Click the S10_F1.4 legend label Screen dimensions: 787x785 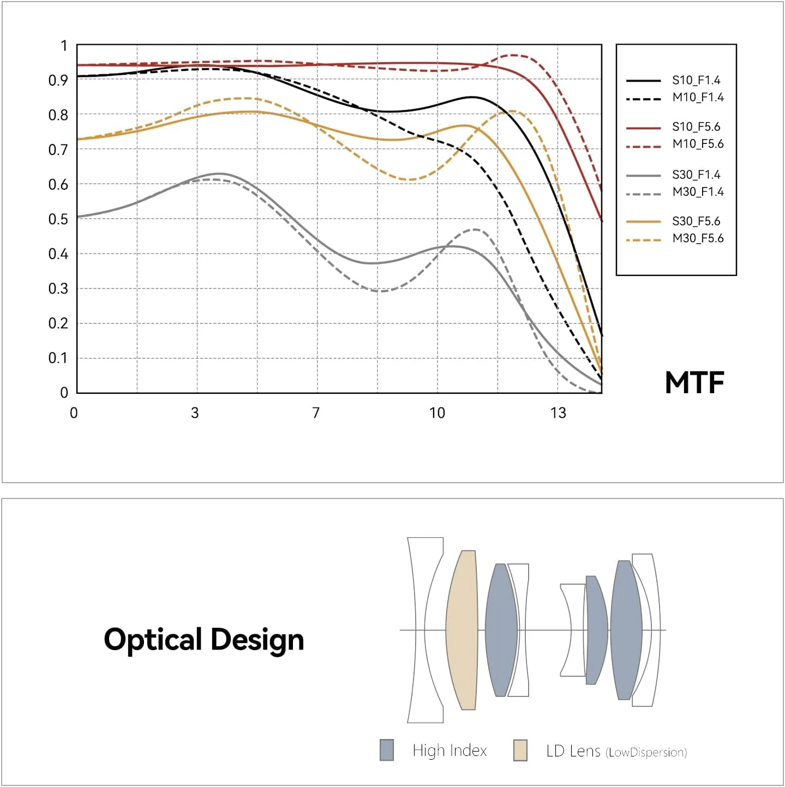(696, 80)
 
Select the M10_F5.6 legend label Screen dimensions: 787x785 (698, 144)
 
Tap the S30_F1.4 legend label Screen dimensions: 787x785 (696, 175)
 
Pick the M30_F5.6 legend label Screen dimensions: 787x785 (698, 238)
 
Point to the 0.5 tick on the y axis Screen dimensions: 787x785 (58, 219)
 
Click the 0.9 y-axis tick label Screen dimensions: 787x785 (58, 80)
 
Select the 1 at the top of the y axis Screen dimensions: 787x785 (64, 46)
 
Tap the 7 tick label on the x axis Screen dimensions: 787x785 (316, 413)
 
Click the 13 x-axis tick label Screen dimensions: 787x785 (558, 413)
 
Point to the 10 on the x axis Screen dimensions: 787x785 (437, 413)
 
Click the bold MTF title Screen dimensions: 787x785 (694, 383)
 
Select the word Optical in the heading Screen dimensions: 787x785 (153, 640)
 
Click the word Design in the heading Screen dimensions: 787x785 (257, 640)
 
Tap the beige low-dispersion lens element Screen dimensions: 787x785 (462, 630)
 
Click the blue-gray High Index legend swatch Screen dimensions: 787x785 (386, 750)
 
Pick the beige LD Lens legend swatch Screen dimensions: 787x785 (520, 750)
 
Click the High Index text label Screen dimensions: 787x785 (450, 750)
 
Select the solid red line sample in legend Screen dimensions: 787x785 (643, 128)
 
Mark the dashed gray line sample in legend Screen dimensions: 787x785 (643, 194)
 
